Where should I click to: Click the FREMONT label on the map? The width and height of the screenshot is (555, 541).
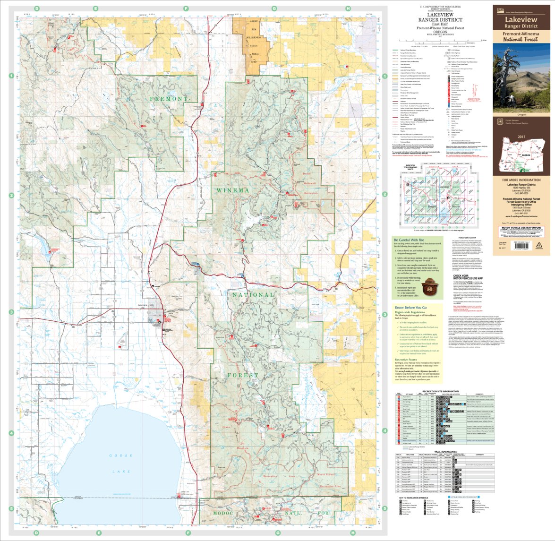166,99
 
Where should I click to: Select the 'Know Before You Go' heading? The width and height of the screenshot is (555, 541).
413,308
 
